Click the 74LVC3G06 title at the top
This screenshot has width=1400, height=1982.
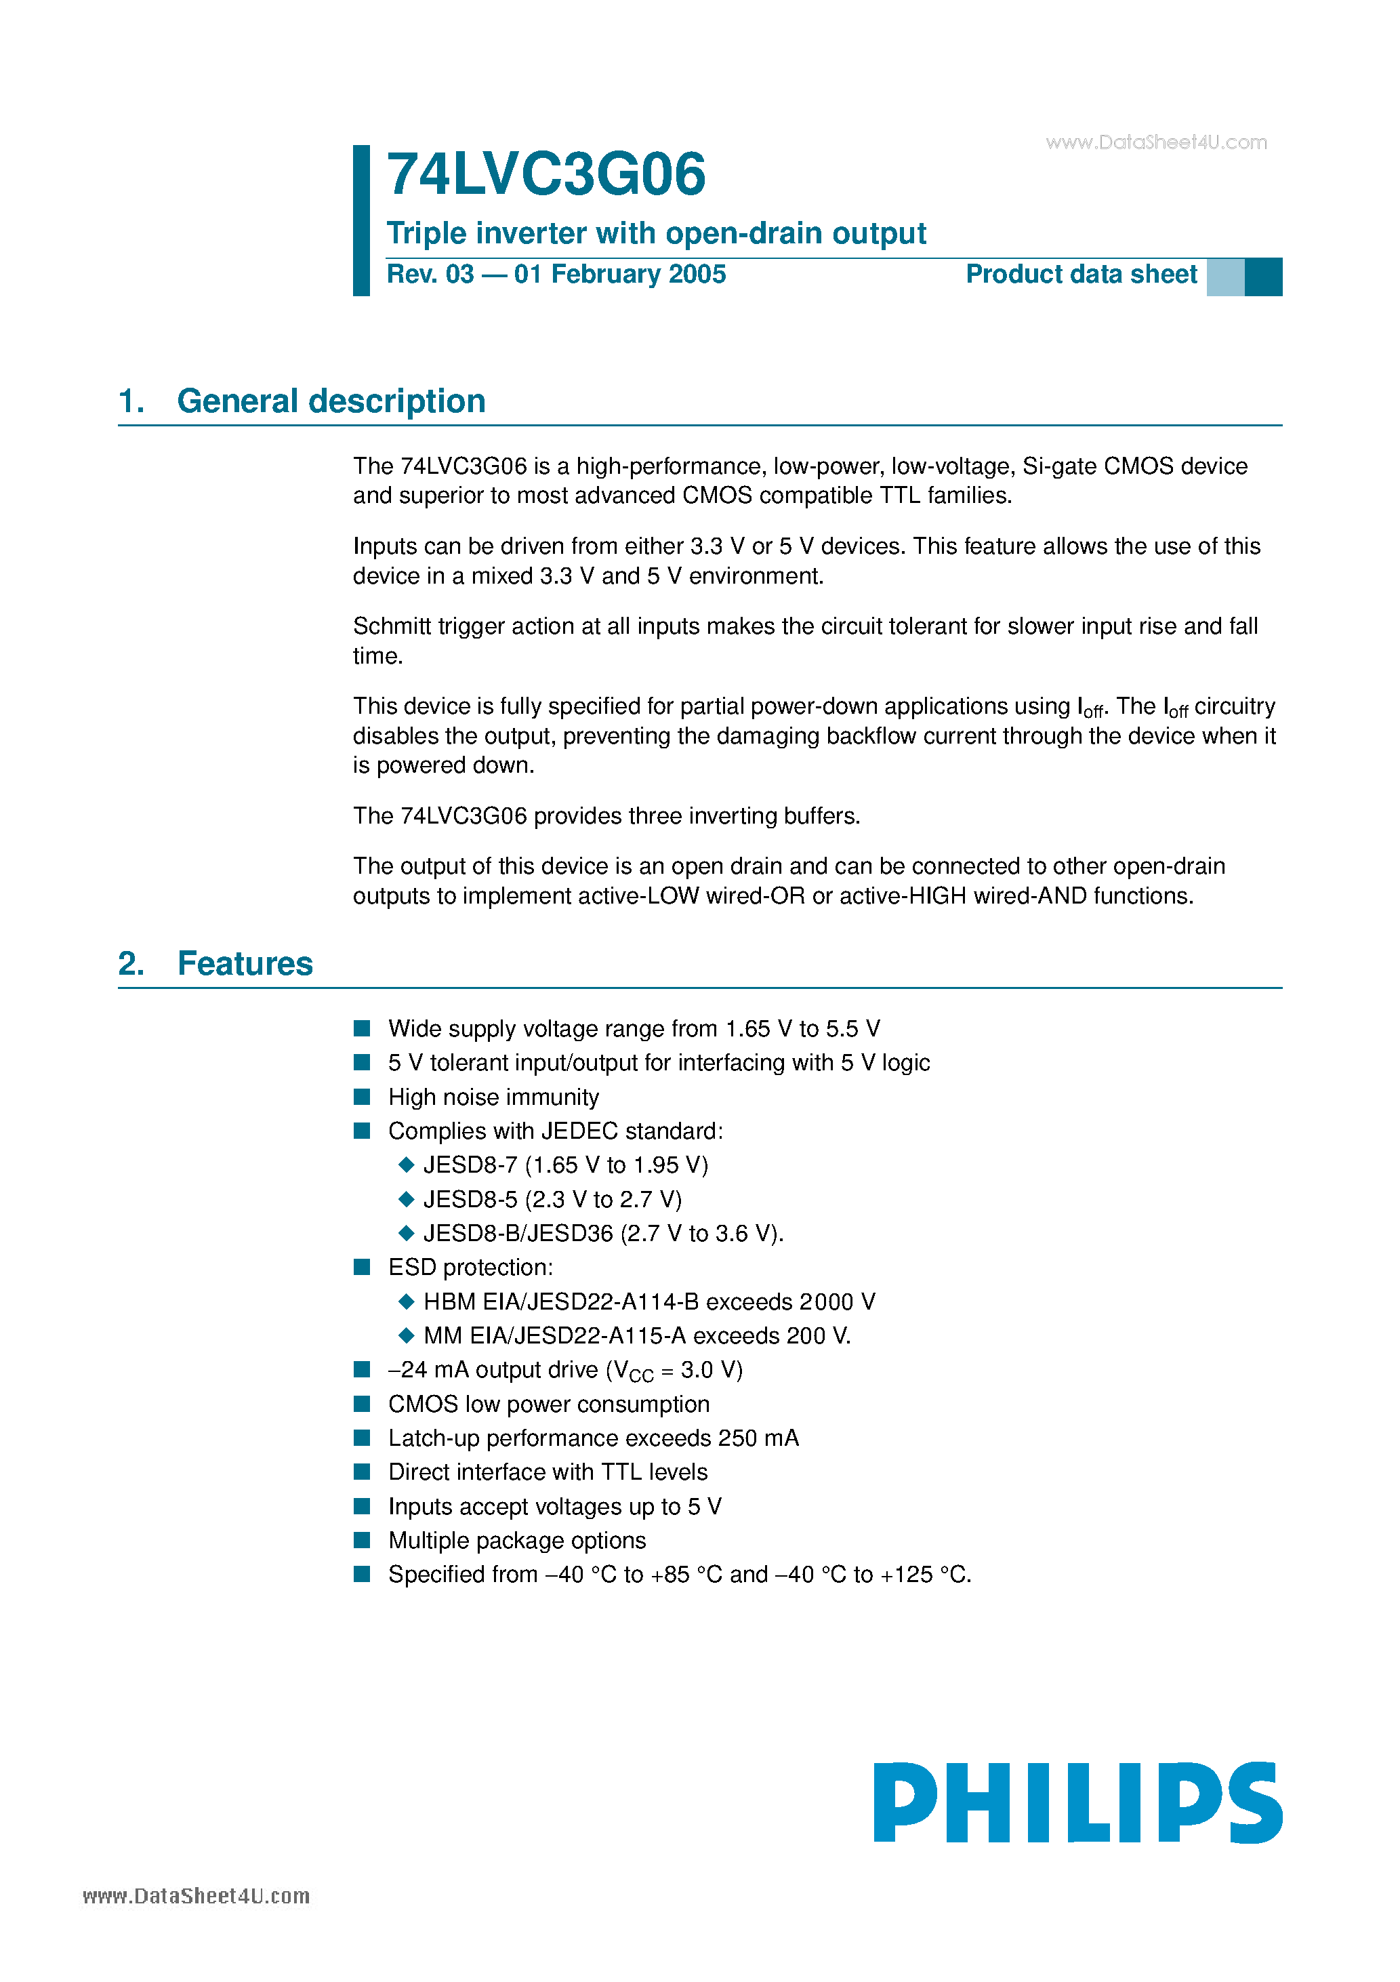coord(545,174)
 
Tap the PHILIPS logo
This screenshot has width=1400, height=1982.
coord(1077,1802)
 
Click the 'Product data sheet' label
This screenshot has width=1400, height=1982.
coord(1081,275)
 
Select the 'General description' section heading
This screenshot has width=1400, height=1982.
coord(331,401)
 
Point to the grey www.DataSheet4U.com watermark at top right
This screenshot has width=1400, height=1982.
coord(1156,142)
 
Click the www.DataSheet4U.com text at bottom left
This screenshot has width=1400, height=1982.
coord(196,1897)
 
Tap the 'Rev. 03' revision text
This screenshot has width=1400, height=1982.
coord(430,275)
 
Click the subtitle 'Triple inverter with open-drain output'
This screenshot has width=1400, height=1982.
coord(656,233)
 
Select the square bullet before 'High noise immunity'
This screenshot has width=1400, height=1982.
coord(363,1096)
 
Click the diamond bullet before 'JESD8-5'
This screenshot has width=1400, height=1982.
coord(407,1199)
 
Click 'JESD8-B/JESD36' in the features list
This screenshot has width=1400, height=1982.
coord(518,1234)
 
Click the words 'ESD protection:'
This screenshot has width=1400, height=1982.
coord(470,1268)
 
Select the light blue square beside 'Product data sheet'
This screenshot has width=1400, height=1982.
coord(1224,277)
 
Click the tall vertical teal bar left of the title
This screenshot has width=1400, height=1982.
coord(362,220)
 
